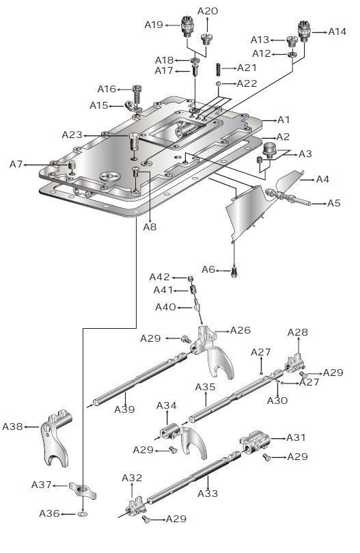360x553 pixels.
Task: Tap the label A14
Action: pos(336,31)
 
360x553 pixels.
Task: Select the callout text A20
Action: pos(208,11)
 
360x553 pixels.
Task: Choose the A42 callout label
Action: pos(161,277)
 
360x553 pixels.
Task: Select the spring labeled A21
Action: pos(219,68)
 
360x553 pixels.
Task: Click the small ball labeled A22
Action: pos(219,83)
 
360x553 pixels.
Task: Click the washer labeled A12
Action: pos(292,54)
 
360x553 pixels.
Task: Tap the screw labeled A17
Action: pos(196,69)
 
